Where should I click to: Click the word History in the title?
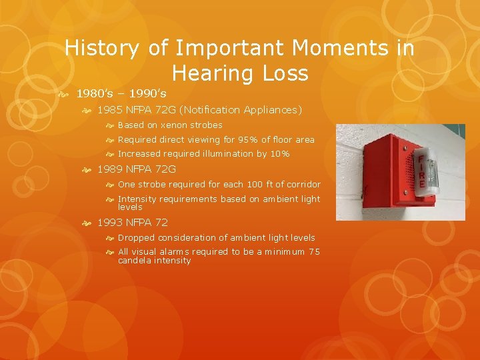101,49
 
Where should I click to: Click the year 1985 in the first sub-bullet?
110,110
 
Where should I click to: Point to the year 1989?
110,169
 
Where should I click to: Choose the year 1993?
110,223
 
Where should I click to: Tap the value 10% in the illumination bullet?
279,154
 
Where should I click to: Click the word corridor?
303,185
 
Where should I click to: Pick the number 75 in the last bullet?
314,252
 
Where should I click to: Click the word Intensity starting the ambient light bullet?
137,199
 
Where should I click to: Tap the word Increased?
138,154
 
